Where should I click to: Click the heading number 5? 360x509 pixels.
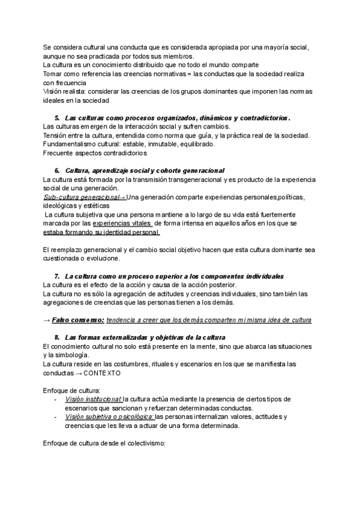[x=57, y=118]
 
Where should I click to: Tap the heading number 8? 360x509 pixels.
[x=57, y=337]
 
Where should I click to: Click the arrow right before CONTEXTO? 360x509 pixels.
[x=79, y=373]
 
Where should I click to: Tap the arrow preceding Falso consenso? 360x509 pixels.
[x=47, y=320]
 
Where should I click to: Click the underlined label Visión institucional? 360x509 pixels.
[x=92, y=399]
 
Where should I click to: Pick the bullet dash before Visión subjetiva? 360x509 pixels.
[x=56, y=417]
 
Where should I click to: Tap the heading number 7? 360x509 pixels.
[x=57, y=276]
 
